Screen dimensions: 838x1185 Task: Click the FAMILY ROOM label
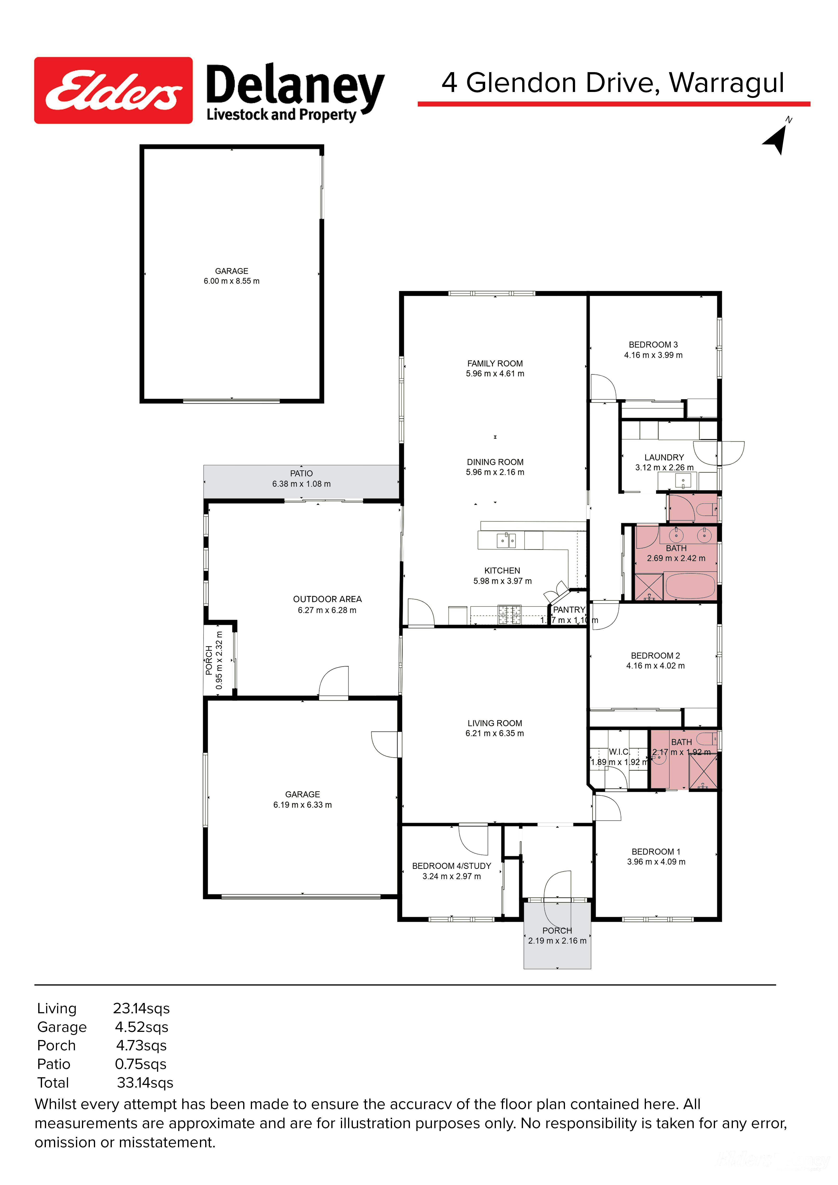pyautogui.click(x=495, y=363)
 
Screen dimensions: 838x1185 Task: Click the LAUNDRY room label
pyautogui.click(x=664, y=457)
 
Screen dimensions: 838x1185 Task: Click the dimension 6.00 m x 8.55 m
pyautogui.click(x=232, y=281)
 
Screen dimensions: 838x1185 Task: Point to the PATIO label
pyautogui.click(x=301, y=473)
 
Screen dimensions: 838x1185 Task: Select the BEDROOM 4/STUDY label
pyautogui.click(x=451, y=866)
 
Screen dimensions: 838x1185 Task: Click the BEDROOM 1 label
pyautogui.click(x=656, y=852)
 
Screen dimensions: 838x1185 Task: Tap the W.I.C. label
pyautogui.click(x=619, y=752)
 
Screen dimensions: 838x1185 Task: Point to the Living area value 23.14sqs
pyautogui.click(x=141, y=1008)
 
